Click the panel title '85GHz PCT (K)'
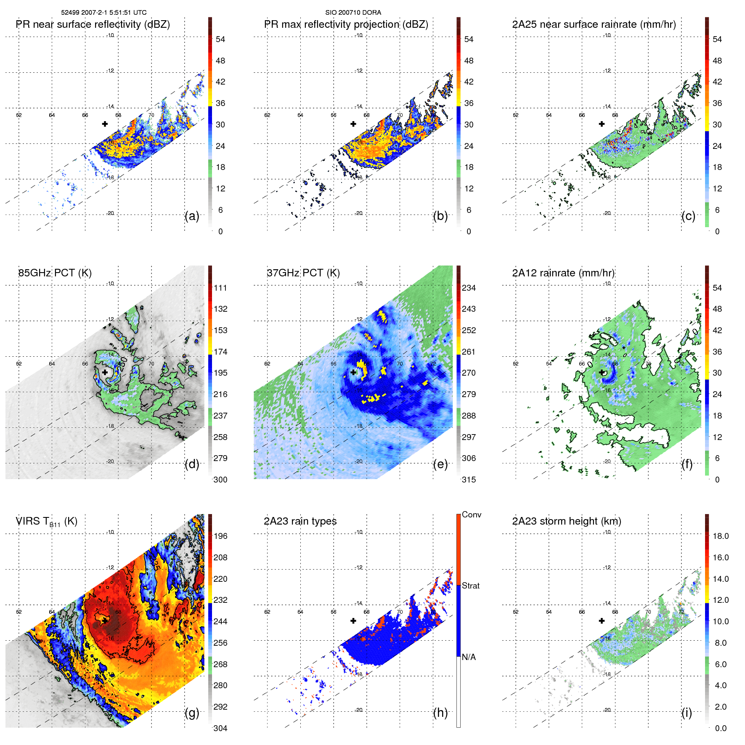[55, 273]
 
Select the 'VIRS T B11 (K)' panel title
[46, 522]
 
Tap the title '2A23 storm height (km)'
[566, 521]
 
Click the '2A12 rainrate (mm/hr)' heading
[563, 273]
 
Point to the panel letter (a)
[192, 216]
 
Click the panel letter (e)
[440, 464]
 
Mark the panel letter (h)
[440, 713]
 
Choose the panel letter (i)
[687, 713]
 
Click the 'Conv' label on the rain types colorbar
[471, 515]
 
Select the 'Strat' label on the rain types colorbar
[470, 586]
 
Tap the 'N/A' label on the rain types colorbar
[469, 657]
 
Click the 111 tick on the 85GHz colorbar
[220, 288]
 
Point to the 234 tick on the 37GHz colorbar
[469, 288]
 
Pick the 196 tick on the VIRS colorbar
[220, 536]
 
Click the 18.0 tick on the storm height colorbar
[720, 536]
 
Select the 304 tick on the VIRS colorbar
[220, 728]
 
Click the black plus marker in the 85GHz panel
[105, 372]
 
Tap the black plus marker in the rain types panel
[353, 620]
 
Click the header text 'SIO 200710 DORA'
[353, 13]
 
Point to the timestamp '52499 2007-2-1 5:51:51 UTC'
[103, 13]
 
